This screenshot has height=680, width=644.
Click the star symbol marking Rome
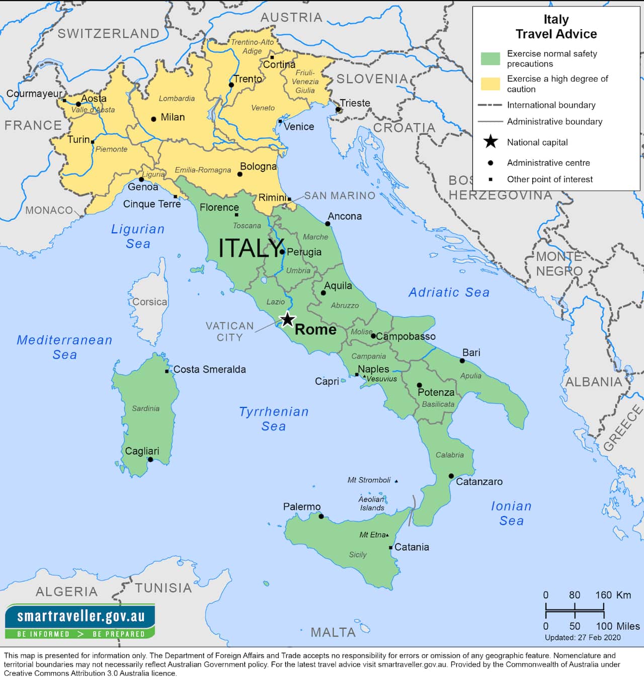pyautogui.click(x=287, y=319)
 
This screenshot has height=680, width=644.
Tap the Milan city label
pyautogui.click(x=173, y=117)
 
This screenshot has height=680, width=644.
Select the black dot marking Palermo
pyautogui.click(x=321, y=516)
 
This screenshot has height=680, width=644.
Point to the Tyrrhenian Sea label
pyautogui.click(x=274, y=418)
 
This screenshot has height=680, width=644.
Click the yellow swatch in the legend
pyautogui.click(x=490, y=83)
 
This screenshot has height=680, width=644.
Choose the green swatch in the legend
pyautogui.click(x=490, y=58)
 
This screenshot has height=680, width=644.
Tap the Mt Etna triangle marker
pyautogui.click(x=387, y=535)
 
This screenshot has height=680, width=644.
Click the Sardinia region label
pyautogui.click(x=145, y=408)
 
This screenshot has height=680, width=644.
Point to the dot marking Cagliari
pyautogui.click(x=150, y=459)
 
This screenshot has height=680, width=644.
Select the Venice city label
pyautogui.click(x=299, y=127)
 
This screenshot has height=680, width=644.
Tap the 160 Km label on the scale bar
pyautogui.click(x=613, y=595)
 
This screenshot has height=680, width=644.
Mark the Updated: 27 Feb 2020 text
pyautogui.click(x=583, y=637)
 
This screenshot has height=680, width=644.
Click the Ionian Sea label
pyautogui.click(x=511, y=513)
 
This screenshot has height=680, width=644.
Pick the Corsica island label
pyautogui.click(x=149, y=302)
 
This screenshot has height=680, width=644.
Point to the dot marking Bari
pyautogui.click(x=462, y=361)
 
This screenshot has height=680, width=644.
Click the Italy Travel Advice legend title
pyautogui.click(x=556, y=27)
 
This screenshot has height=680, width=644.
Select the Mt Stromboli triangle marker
pyautogui.click(x=396, y=481)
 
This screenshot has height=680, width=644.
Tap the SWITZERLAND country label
pyautogui.click(x=108, y=34)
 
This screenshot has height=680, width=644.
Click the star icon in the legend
pyautogui.click(x=490, y=142)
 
